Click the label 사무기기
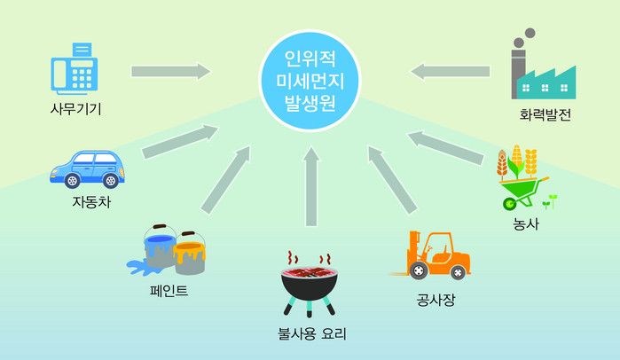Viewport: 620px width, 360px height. point(76,109)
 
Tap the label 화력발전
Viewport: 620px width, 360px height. point(545,114)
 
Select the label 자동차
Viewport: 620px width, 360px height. point(91,201)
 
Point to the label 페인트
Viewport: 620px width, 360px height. point(169,291)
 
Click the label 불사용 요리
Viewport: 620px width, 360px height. point(312,334)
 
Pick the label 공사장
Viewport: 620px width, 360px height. point(436,300)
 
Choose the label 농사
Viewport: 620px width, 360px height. point(526,223)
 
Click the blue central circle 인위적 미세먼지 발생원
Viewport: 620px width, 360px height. point(310,81)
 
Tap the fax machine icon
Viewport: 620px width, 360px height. point(75,69)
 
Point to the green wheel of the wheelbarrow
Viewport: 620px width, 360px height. point(509,204)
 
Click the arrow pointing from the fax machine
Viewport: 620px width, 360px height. point(171,72)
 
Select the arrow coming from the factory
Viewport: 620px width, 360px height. point(450,72)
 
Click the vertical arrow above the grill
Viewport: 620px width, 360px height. point(311,186)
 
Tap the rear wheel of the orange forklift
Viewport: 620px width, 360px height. point(457,272)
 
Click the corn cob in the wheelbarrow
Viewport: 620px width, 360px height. point(516,157)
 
